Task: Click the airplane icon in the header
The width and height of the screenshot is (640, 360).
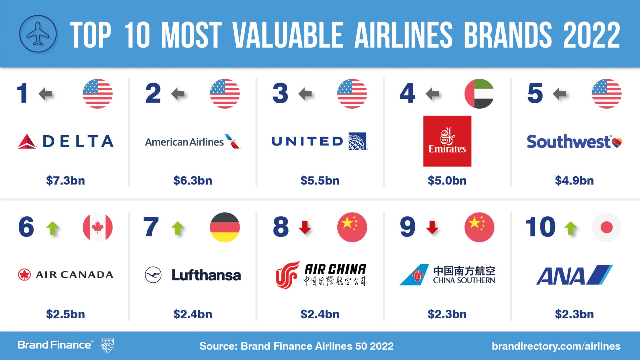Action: [38, 34]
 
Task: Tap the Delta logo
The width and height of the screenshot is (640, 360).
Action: [66, 141]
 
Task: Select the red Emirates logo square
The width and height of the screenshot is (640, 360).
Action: [447, 141]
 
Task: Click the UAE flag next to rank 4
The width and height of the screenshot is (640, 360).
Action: [479, 94]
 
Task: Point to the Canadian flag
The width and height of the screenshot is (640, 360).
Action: [98, 227]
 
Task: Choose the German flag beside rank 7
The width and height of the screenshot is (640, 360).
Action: [225, 227]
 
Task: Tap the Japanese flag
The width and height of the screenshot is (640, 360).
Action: [607, 227]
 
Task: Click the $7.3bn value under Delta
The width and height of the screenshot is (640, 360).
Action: [65, 181]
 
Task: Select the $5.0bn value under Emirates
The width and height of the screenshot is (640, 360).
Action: [447, 181]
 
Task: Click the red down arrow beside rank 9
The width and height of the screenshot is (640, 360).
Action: [432, 227]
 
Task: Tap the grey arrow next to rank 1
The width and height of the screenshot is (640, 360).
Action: [45, 94]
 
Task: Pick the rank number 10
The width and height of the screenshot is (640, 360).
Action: [540, 227]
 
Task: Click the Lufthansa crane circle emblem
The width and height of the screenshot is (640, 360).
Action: [153, 275]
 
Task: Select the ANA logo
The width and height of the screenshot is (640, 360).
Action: [574, 275]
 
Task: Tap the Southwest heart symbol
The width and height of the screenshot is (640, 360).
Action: [617, 142]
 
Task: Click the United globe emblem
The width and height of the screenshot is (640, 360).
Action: [358, 141]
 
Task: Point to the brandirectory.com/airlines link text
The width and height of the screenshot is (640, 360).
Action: [556, 346]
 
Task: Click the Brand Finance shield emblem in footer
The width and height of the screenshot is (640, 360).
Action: [107, 346]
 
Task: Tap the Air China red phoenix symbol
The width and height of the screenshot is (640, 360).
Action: [286, 274]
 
